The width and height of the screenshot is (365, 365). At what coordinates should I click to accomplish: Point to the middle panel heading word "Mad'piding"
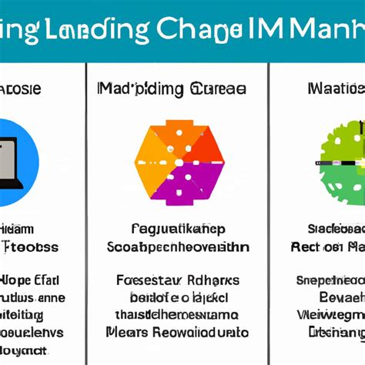[132, 89]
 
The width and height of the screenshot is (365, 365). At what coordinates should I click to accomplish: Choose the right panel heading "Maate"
[336, 89]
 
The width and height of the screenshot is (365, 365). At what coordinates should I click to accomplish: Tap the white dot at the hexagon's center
[179, 162]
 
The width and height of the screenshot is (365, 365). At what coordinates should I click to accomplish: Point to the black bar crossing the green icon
[339, 163]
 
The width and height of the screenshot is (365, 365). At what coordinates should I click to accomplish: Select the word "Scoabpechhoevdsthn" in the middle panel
[179, 246]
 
